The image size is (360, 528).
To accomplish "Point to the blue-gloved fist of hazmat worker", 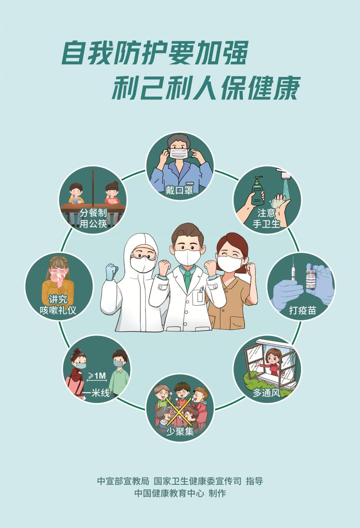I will point(111,271).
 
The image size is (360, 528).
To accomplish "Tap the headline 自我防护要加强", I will point(154,54).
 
